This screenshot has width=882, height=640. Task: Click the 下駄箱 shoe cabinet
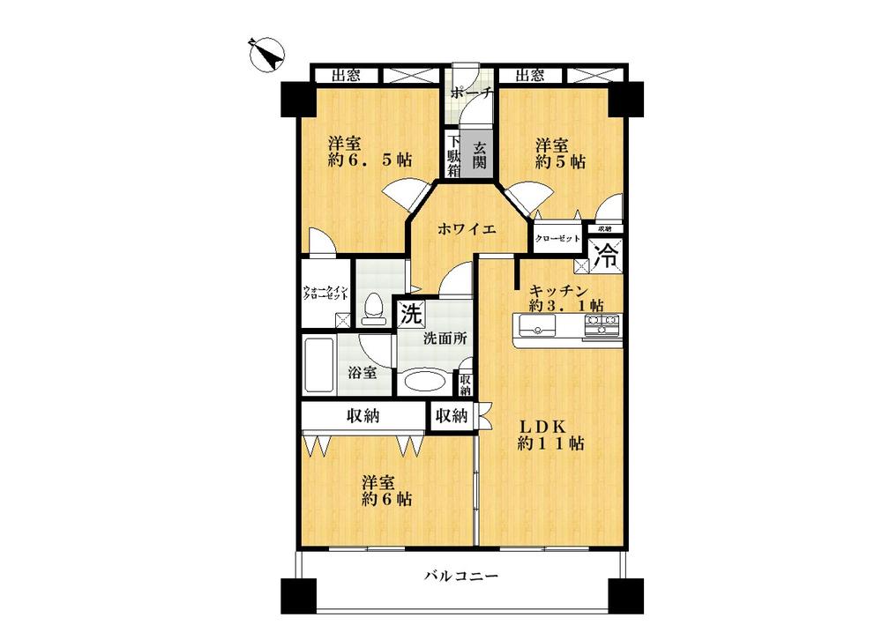pos(452,156)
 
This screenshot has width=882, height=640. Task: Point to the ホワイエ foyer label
pos(467,228)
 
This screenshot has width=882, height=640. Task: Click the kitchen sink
pos(536,330)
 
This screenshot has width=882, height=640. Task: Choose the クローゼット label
pos(557,238)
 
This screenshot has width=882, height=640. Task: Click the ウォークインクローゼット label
pos(326,294)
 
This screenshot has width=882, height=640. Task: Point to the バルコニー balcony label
pos(460,577)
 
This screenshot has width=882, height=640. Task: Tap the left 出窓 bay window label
pos(346,75)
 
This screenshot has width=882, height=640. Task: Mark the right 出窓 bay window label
pos(529,75)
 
